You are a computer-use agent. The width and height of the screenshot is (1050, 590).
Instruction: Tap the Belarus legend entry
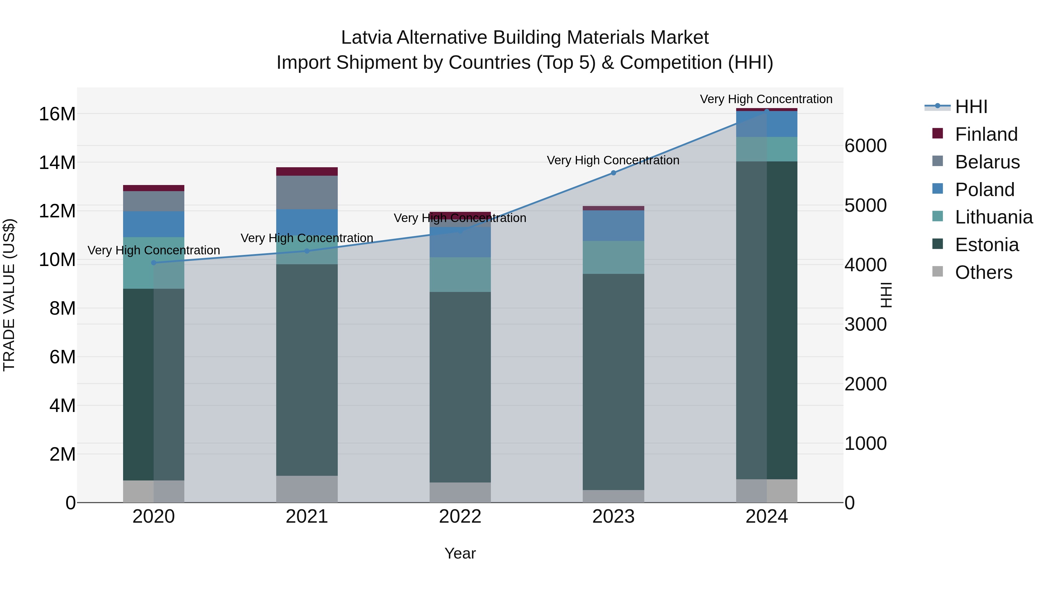(x=987, y=162)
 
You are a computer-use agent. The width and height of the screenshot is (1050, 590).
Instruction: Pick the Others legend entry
(x=983, y=272)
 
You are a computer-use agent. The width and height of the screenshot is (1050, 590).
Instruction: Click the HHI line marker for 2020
(x=154, y=263)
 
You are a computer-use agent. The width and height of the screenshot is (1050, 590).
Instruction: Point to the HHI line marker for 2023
(x=613, y=173)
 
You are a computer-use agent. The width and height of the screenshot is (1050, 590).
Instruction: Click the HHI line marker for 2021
(x=307, y=251)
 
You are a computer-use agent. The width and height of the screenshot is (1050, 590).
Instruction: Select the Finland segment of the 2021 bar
(x=307, y=171)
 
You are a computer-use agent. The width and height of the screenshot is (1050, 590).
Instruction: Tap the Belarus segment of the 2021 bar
(x=307, y=193)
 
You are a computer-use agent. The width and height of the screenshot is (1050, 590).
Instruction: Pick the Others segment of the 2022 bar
(x=460, y=492)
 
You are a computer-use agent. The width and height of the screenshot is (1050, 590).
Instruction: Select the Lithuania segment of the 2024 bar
(x=767, y=149)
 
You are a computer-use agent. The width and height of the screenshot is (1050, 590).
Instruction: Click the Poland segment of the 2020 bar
(x=154, y=224)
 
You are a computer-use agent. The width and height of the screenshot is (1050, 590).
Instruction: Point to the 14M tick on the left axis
(x=57, y=163)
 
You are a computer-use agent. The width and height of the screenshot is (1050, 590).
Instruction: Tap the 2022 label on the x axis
(x=460, y=517)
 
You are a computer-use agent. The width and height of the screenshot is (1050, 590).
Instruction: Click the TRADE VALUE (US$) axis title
(x=9, y=295)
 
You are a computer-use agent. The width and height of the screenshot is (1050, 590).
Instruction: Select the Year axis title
(x=460, y=553)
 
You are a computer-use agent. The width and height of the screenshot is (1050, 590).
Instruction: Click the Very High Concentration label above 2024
(x=766, y=99)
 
